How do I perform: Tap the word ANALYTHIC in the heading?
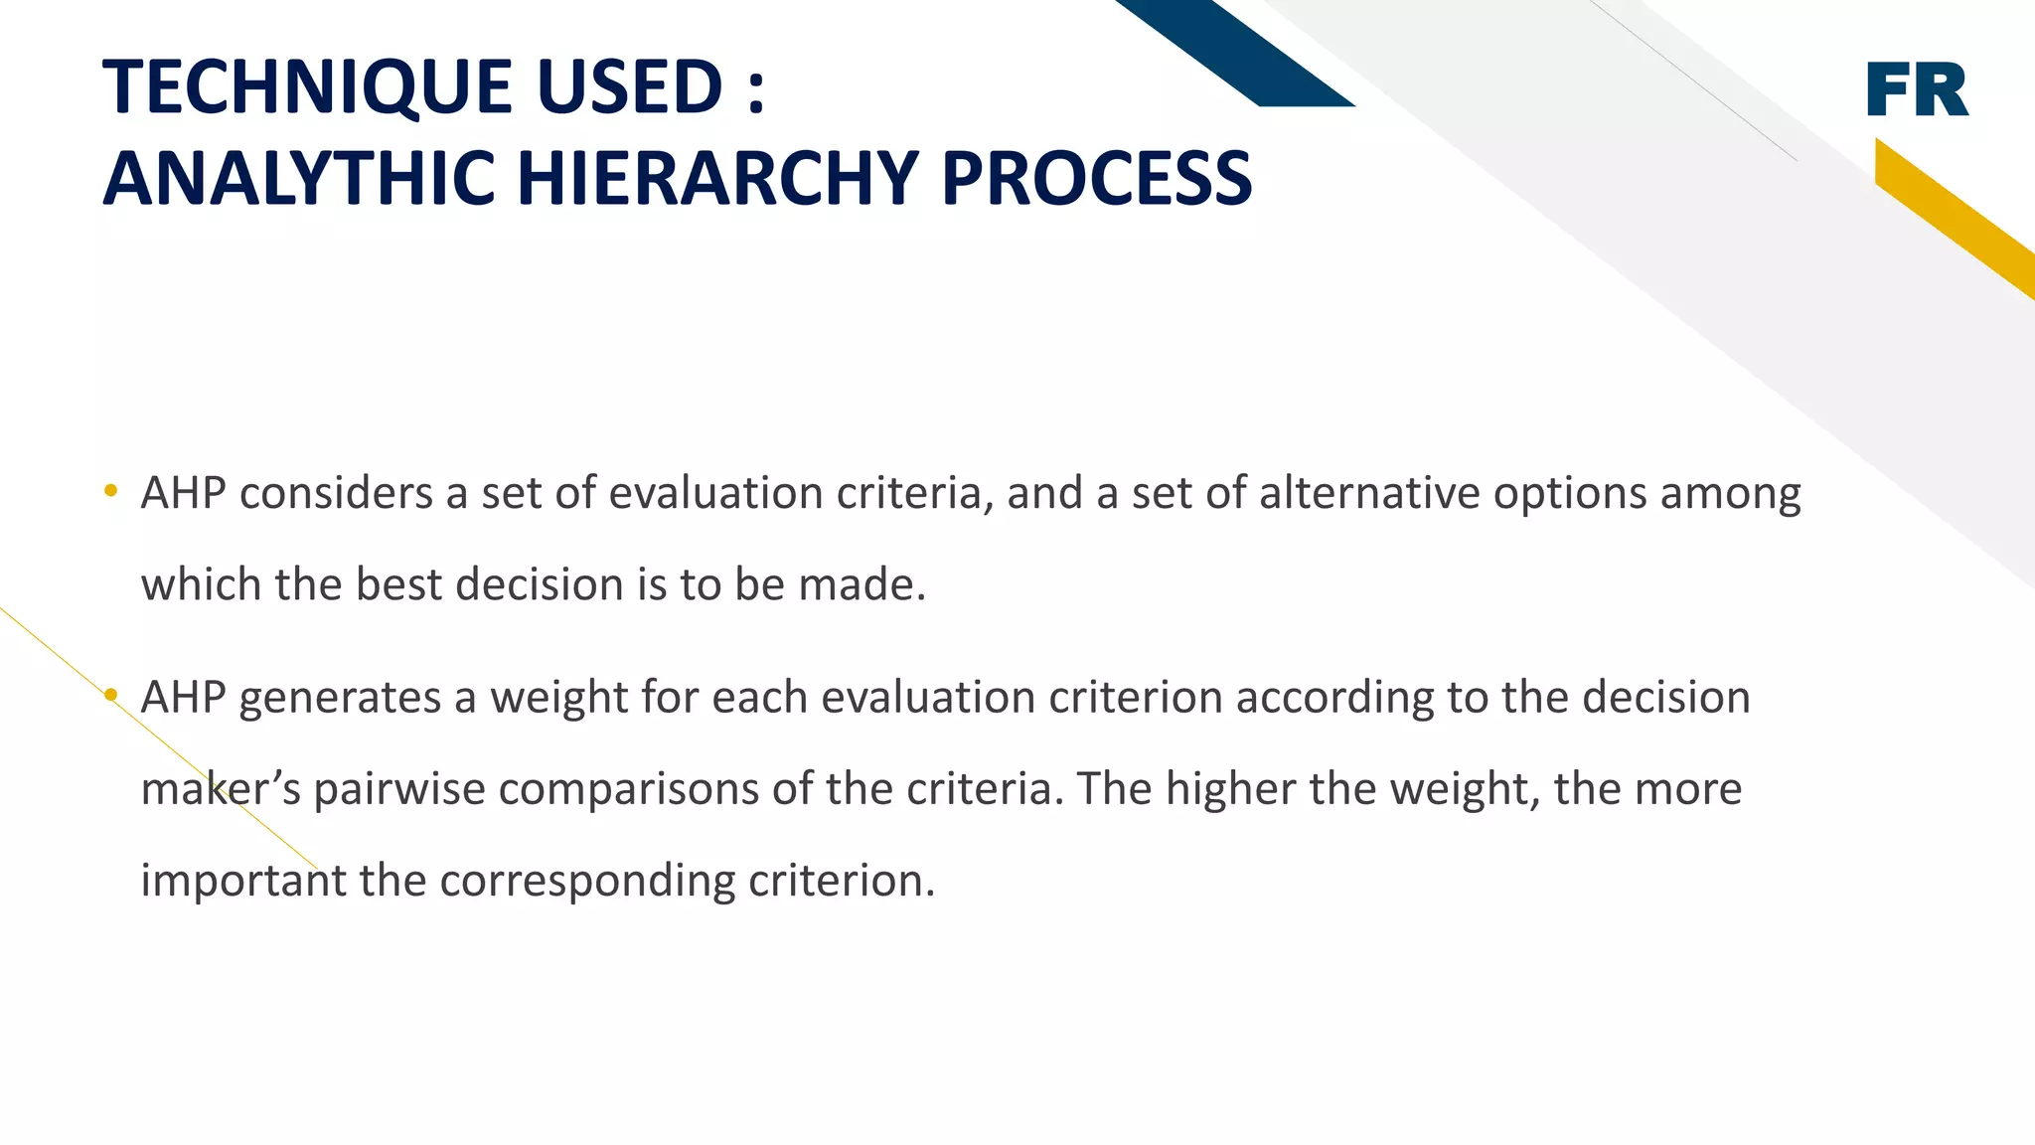299,179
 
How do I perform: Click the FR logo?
1917,89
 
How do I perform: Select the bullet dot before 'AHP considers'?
110,490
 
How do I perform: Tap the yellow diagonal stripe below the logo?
1953,217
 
